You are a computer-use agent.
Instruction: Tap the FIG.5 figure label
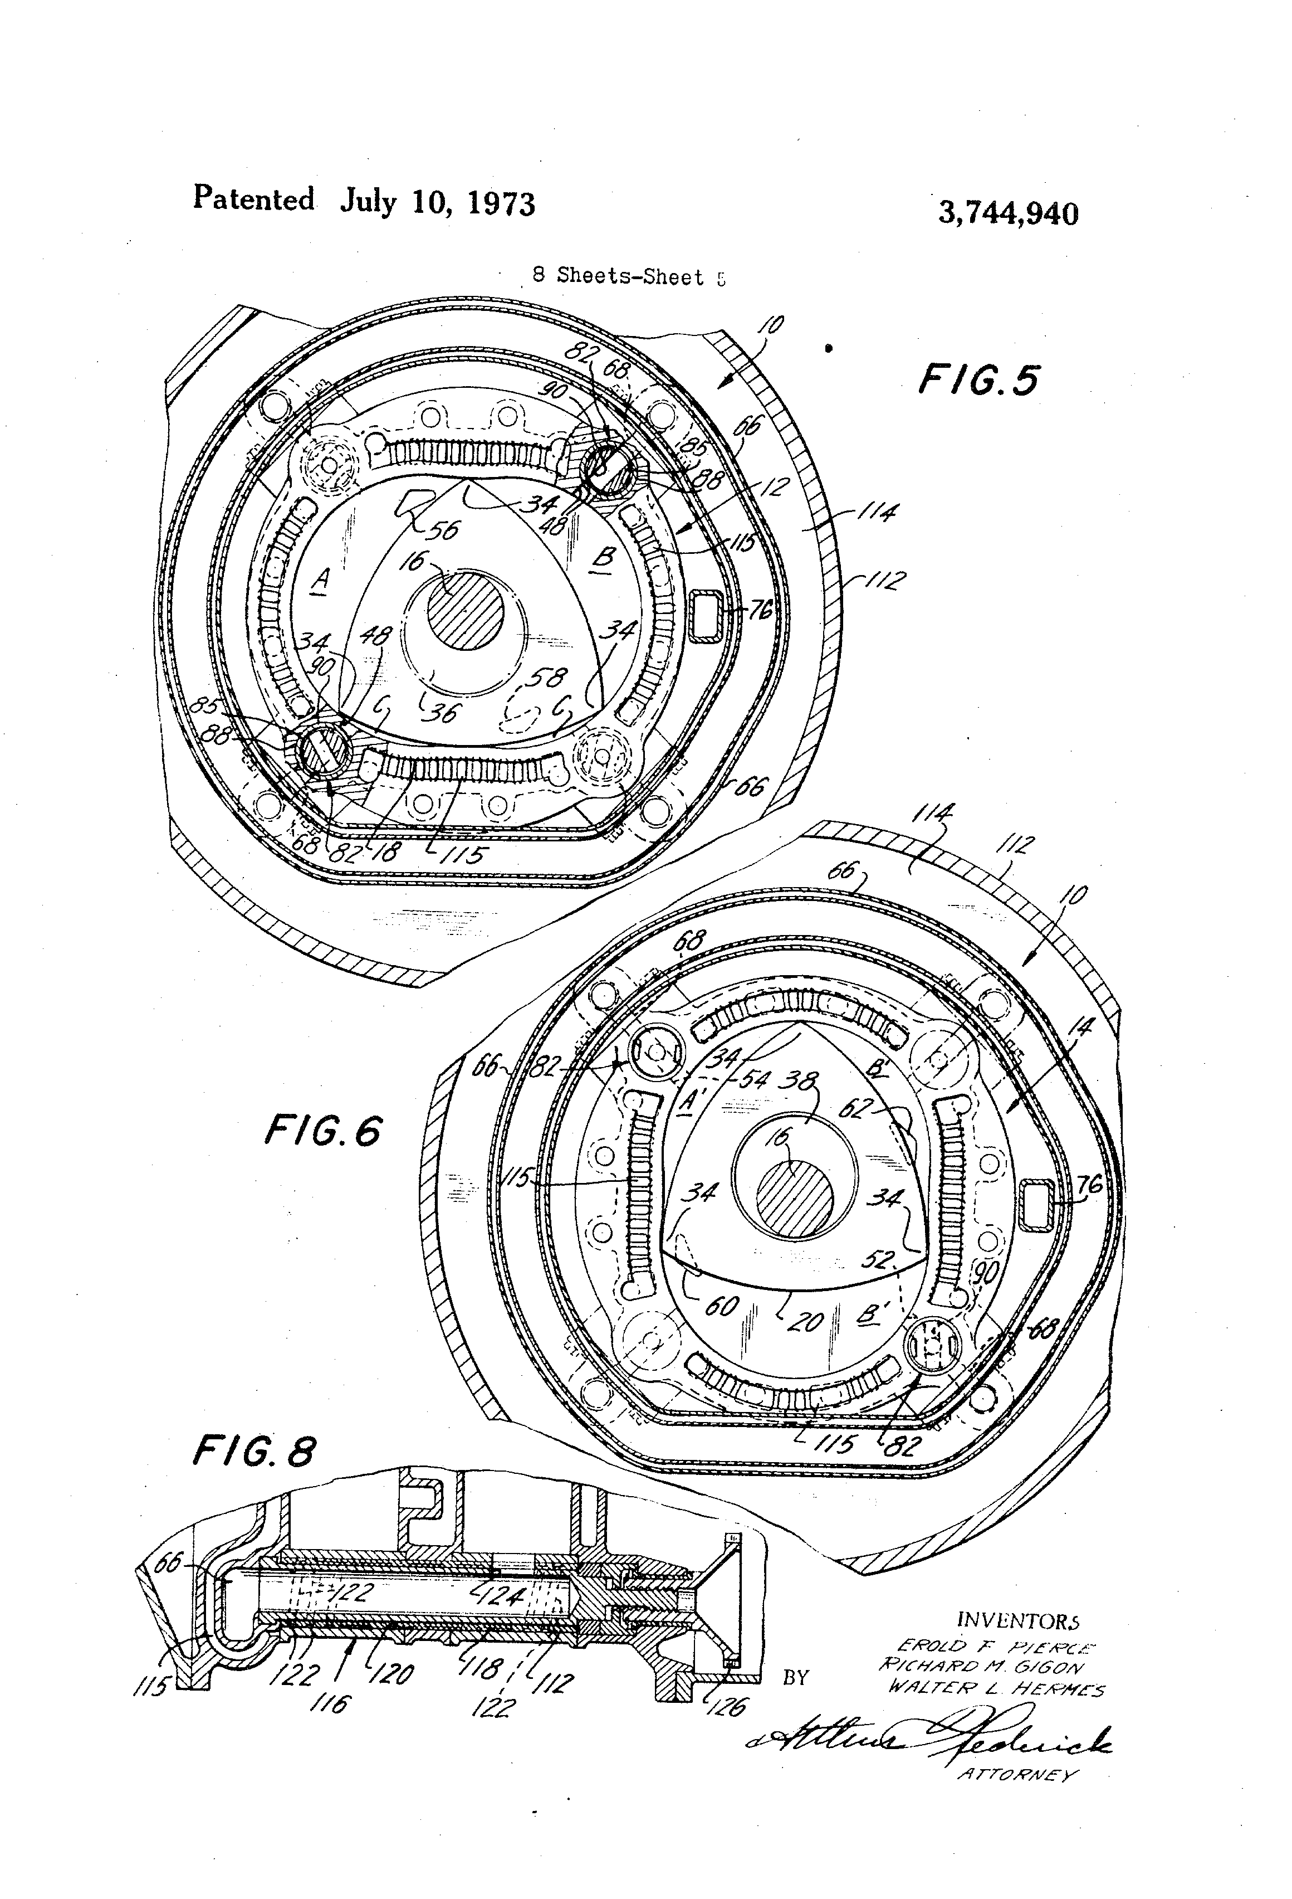(978, 381)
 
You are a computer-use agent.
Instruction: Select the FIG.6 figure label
(322, 1132)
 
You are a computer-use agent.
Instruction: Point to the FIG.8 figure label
(253, 1452)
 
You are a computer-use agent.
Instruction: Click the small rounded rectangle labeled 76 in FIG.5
(707, 617)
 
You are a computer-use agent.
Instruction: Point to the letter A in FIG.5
(321, 580)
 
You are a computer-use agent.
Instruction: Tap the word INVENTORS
(1017, 1619)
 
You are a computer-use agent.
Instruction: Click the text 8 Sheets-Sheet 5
(628, 276)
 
